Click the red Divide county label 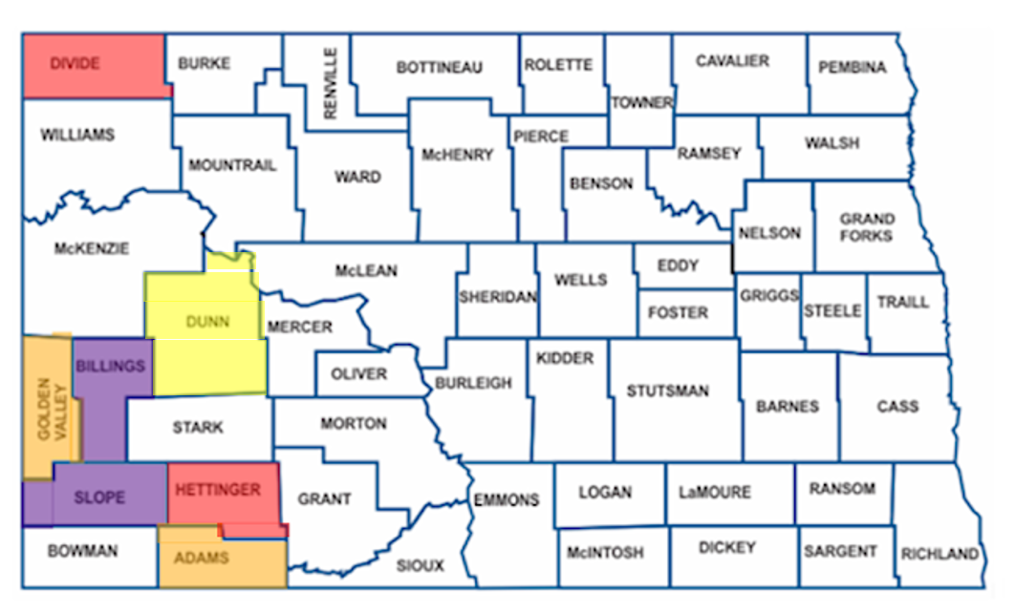[x=76, y=63]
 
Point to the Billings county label [x=111, y=366]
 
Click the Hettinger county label [x=218, y=490]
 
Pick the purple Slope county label [x=99, y=497]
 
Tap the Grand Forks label [x=867, y=227]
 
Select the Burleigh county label [x=473, y=383]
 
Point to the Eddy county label [x=679, y=265]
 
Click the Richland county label [x=939, y=554]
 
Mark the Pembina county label [x=853, y=68]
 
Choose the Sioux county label [x=421, y=565]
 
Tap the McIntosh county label [x=605, y=552]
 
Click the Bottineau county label [x=439, y=68]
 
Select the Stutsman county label [x=668, y=391]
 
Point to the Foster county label [x=678, y=312]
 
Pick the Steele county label [x=832, y=311]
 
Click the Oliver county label [x=358, y=373]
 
